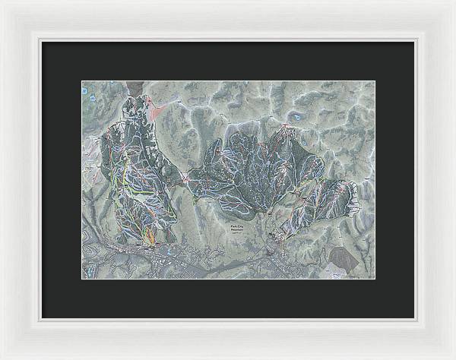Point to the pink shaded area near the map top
pyautogui.click(x=157, y=111)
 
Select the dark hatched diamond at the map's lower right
pyautogui.click(x=343, y=261)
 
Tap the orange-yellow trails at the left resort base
pyautogui.click(x=149, y=236)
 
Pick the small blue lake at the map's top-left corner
pyautogui.click(x=84, y=90)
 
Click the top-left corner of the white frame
pyautogui.click(x=2, y=2)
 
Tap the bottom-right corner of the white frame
pyautogui.click(x=453, y=357)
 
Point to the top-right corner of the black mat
pyautogui.click(x=414, y=42)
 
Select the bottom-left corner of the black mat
pyautogui.click(x=42, y=317)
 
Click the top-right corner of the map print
pyautogui.click(x=375, y=81)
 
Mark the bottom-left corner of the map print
pyautogui.click(x=82, y=279)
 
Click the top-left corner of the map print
pyautogui.click(x=82, y=81)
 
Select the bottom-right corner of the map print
pyautogui.click(x=375, y=279)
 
